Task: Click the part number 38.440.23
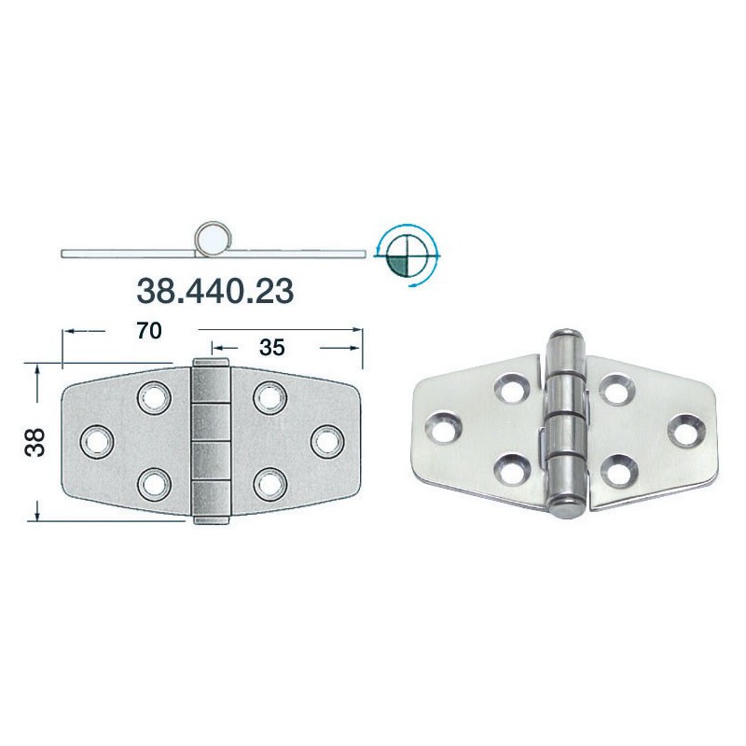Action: [215, 291]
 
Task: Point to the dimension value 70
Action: [149, 330]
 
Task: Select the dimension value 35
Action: [272, 348]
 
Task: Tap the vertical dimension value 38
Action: [35, 442]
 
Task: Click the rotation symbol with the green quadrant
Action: [408, 253]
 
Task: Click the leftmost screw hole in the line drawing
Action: [96, 441]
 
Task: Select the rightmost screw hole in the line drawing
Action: [325, 440]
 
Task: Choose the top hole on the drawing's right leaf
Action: [269, 398]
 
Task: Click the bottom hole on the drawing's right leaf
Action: [269, 483]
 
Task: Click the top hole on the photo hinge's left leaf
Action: [511, 390]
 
